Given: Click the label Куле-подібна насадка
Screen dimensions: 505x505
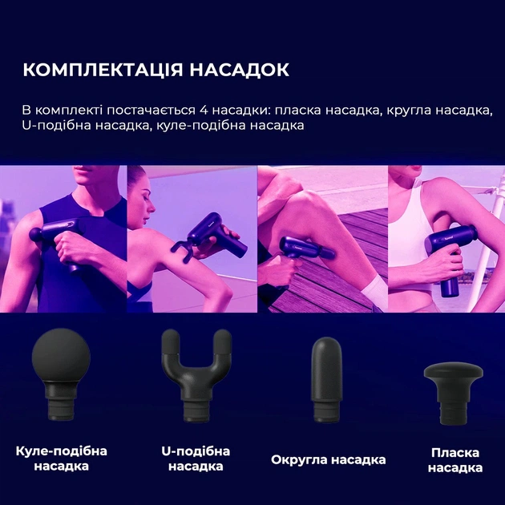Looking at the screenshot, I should (x=61, y=458).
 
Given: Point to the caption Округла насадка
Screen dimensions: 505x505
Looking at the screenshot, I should (x=328, y=460).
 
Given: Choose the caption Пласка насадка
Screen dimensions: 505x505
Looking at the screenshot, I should (x=454, y=460).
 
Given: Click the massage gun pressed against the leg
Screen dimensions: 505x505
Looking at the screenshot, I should (x=309, y=248).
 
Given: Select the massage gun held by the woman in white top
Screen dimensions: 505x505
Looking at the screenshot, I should (x=453, y=248).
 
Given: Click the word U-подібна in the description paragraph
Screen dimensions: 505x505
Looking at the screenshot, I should (x=58, y=127).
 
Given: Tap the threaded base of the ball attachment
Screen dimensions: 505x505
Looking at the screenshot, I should (x=61, y=406).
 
